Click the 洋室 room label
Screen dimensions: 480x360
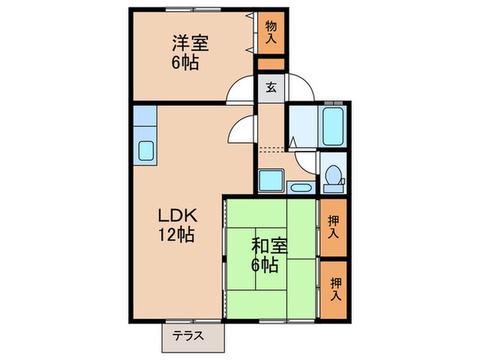point(190,43)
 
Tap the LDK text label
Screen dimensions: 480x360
point(177,216)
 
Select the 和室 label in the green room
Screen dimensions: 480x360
point(269,245)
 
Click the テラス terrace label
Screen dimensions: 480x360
point(188,336)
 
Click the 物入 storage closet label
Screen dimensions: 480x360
point(271,32)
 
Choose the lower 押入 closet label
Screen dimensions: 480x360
point(336,289)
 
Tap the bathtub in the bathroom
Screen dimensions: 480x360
point(333,125)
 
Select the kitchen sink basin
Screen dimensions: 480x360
point(145,151)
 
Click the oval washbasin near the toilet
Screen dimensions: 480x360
point(300,187)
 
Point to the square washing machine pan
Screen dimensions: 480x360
point(271,180)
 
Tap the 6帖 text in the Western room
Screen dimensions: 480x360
point(185,62)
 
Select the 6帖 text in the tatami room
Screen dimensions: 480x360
point(265,265)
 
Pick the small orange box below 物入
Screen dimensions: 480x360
point(271,64)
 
